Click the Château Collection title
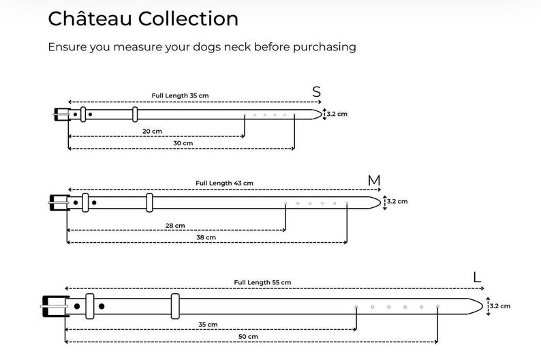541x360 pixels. (143, 18)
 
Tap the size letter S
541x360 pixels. (316, 92)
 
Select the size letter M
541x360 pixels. (374, 181)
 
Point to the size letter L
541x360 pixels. (477, 277)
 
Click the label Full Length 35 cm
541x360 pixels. (180, 95)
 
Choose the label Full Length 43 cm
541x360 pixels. (224, 183)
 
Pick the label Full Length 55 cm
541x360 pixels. (262, 282)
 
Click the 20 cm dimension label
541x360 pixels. (152, 131)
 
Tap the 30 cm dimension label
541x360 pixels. (183, 143)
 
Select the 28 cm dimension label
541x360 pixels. (175, 226)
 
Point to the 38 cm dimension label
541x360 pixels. (206, 237)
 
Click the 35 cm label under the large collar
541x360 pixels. (208, 325)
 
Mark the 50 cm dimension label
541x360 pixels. (248, 337)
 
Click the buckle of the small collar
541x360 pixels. (62, 115)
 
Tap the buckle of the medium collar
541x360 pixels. (59, 203)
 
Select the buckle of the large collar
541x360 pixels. (55, 306)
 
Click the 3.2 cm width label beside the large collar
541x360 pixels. (500, 306)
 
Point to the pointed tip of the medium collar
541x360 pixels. (381, 203)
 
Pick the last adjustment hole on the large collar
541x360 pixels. (437, 307)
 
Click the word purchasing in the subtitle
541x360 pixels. (324, 47)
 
